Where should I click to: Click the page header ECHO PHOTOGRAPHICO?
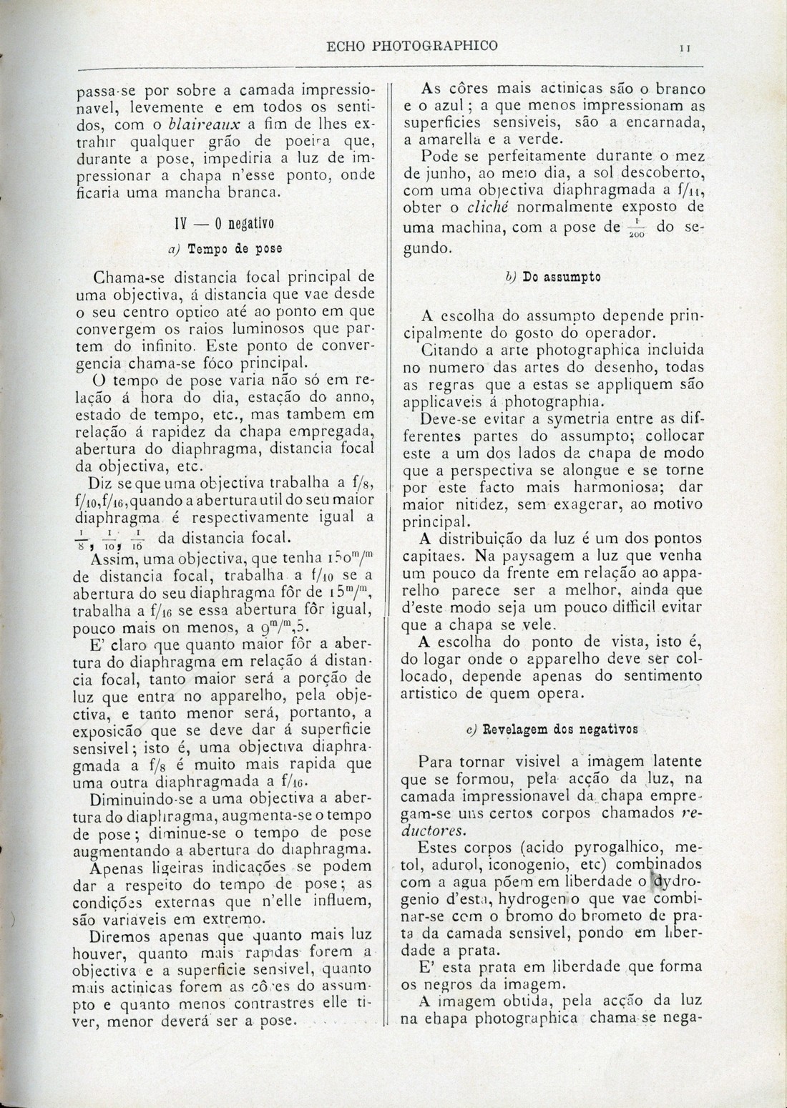coord(411,46)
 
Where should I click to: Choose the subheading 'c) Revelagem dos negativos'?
coord(551,730)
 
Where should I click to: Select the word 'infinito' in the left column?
coord(170,346)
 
